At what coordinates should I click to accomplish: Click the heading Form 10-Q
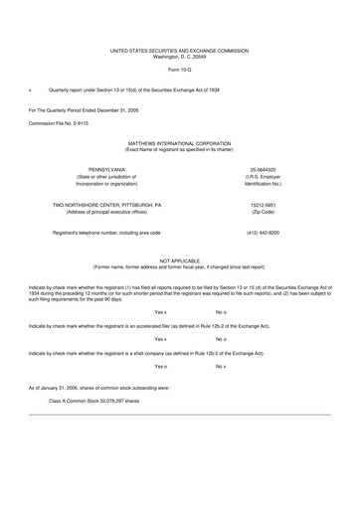pyautogui.click(x=179, y=71)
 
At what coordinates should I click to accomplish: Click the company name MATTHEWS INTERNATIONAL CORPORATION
pyautogui.click(x=179, y=143)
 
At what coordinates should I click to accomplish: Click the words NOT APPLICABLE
pyautogui.click(x=179, y=259)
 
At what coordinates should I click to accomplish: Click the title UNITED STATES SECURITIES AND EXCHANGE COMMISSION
pyautogui.click(x=179, y=48)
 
